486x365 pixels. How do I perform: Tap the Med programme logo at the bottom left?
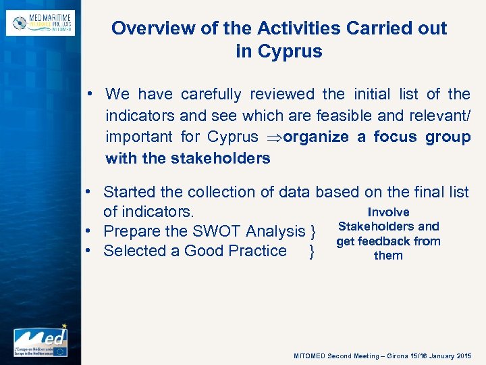40,340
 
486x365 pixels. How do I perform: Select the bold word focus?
396,137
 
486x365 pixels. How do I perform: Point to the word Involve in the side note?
388,212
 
